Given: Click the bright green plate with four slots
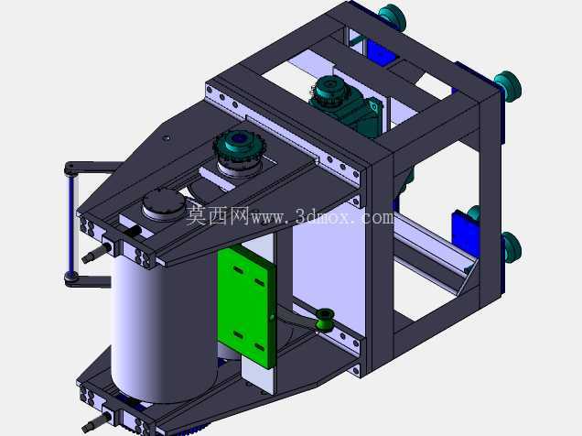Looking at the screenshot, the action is pyautogui.click(x=247, y=307).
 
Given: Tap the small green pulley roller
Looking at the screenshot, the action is pyautogui.click(x=325, y=319).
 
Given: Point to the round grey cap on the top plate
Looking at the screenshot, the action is pyautogui.click(x=164, y=203).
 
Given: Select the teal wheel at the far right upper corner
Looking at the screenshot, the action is pyautogui.click(x=508, y=86).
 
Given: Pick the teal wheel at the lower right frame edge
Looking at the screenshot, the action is pyautogui.click(x=512, y=247).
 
